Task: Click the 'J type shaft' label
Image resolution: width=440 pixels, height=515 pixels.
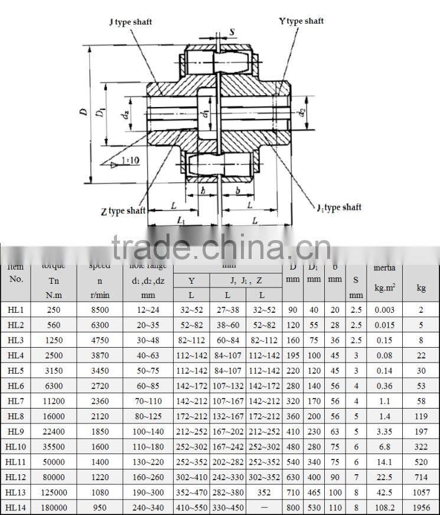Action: click(x=131, y=22)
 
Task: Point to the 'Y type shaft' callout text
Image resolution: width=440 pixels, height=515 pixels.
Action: click(x=301, y=21)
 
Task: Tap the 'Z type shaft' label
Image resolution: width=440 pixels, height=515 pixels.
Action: click(x=123, y=210)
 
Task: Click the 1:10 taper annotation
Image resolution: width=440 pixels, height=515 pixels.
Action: click(x=126, y=160)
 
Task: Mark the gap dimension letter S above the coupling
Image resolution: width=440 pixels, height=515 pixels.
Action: click(x=232, y=32)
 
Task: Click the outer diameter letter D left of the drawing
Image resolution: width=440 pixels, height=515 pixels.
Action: click(x=84, y=112)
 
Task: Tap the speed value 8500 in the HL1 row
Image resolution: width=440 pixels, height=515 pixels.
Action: click(x=99, y=309)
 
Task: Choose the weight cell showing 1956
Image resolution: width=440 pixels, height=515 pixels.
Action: click(x=421, y=507)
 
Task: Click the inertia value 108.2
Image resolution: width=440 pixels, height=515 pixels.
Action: click(x=384, y=507)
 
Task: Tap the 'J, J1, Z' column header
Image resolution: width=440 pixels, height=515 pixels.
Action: click(x=246, y=280)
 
